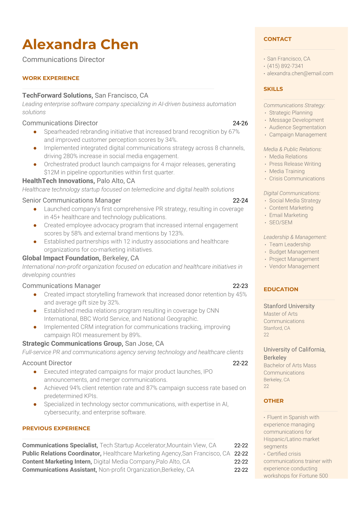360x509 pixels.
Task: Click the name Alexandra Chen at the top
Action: coord(80,44)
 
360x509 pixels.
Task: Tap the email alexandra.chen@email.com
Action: coord(300,73)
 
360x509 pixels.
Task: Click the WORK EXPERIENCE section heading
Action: coord(51,78)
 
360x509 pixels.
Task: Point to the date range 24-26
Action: coord(240,123)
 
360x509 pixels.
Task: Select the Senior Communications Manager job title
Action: coord(72,200)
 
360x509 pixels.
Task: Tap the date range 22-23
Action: coord(240,286)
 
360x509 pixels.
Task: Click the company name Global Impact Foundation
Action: coord(61,258)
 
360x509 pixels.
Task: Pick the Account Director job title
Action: coord(47,363)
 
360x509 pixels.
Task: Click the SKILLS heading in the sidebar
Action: coord(273,89)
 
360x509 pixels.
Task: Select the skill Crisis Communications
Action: coord(297,178)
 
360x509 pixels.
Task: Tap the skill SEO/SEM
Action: coord(281,222)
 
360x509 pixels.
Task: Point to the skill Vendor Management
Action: coord(294,266)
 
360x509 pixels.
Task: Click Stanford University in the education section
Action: coord(289,306)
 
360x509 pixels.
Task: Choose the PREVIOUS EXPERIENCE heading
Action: coord(56,428)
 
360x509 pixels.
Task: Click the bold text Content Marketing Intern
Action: coord(57,462)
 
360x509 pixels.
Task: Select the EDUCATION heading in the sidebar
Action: coord(281,289)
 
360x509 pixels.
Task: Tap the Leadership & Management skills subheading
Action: coord(295,237)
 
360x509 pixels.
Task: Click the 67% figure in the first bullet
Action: coord(234,132)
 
